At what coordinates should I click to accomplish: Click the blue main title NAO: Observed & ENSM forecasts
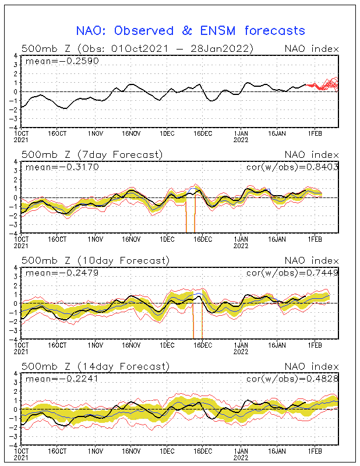coord(190,31)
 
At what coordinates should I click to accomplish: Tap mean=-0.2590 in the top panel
coord(62,61)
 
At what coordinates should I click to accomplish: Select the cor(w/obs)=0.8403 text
coord(292,167)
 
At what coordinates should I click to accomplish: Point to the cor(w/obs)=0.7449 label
coord(292,273)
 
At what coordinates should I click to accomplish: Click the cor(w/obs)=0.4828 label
coord(292,379)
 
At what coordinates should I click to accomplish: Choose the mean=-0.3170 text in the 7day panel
coord(62,167)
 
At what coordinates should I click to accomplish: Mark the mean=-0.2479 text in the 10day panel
coord(62,273)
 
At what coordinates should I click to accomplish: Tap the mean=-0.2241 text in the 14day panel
coord(62,379)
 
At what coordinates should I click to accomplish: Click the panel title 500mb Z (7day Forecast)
coord(92,155)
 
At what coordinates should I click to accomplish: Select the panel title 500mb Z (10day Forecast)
coord(96,260)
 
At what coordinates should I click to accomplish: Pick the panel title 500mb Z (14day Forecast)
coord(96,366)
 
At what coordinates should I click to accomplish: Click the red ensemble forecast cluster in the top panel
coord(322,84)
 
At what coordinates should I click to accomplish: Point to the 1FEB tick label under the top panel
coord(315,133)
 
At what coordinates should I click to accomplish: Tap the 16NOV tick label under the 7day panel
coord(131,239)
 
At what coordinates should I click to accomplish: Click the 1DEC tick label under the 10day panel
coord(167,345)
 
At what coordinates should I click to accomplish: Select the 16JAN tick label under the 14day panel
coord(277,451)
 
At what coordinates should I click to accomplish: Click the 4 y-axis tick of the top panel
coord(16,55)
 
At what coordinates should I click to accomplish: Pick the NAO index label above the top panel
coord(312,49)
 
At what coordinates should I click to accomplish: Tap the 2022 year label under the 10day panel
coord(241,352)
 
